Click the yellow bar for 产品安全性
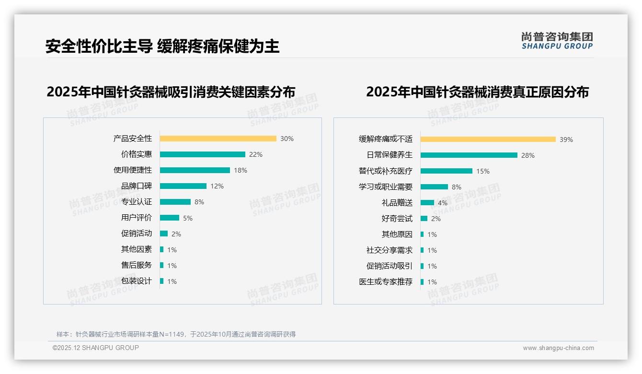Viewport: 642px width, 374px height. pyautogui.click(x=218, y=139)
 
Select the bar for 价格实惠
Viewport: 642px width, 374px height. pyautogui.click(x=202, y=154)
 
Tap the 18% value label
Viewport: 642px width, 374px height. pyautogui.click(x=241, y=170)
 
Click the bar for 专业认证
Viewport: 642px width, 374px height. pyautogui.click(x=175, y=202)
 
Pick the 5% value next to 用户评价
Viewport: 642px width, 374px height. pyautogui.click(x=188, y=218)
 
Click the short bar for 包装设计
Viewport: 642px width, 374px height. pyautogui.click(x=162, y=281)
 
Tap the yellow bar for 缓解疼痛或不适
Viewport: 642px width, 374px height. pyautogui.click(x=488, y=140)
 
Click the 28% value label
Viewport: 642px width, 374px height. pyautogui.click(x=528, y=155)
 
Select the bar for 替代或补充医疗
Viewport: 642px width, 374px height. pyautogui.click(x=446, y=171)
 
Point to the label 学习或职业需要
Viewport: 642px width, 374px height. pyautogui.click(x=385, y=187)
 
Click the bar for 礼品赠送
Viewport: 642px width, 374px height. pyautogui.click(x=427, y=203)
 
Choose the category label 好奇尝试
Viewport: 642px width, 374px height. pyautogui.click(x=397, y=219)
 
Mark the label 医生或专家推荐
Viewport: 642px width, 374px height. pyautogui.click(x=385, y=282)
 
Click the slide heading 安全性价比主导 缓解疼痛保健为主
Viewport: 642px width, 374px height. pyautogui.click(x=162, y=47)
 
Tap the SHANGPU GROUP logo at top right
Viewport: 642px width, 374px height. pyautogui.click(x=557, y=41)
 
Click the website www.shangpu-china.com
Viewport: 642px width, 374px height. pyautogui.click(x=558, y=348)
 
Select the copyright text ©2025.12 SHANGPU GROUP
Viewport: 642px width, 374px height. pyautogui.click(x=96, y=348)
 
